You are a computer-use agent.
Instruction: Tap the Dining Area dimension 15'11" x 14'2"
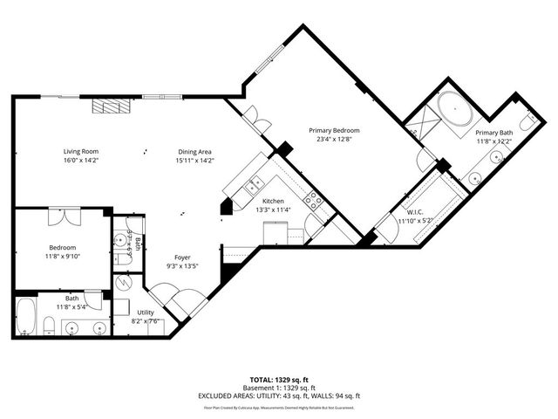click(x=194, y=161)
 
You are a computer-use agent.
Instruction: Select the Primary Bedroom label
click(x=334, y=131)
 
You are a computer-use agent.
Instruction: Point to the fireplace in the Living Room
click(x=111, y=106)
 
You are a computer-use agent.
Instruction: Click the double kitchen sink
click(x=254, y=184)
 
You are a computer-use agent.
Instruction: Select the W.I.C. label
click(x=415, y=211)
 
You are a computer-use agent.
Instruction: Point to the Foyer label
click(x=182, y=258)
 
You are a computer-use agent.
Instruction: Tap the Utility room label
click(x=145, y=312)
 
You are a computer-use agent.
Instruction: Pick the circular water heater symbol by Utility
click(x=123, y=283)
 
